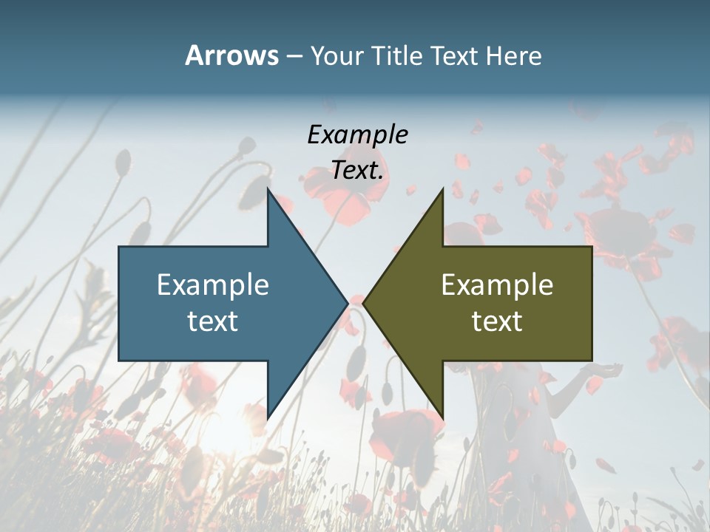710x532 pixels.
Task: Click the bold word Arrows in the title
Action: (x=231, y=55)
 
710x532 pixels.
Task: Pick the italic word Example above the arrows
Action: (x=357, y=134)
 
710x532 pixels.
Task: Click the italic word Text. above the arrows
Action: (x=357, y=171)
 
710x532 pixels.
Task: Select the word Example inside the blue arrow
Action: (x=213, y=284)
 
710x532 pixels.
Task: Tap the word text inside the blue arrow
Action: (x=213, y=321)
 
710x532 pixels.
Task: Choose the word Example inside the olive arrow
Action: (x=497, y=284)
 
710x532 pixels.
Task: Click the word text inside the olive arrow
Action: (x=497, y=321)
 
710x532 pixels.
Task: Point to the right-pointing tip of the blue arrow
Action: (x=348, y=303)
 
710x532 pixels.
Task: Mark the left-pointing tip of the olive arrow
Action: (x=363, y=303)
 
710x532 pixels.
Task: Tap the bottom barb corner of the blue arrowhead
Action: (x=268, y=419)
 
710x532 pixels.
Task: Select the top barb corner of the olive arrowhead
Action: (x=443, y=188)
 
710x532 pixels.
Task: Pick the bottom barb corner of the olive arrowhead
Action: (x=443, y=419)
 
